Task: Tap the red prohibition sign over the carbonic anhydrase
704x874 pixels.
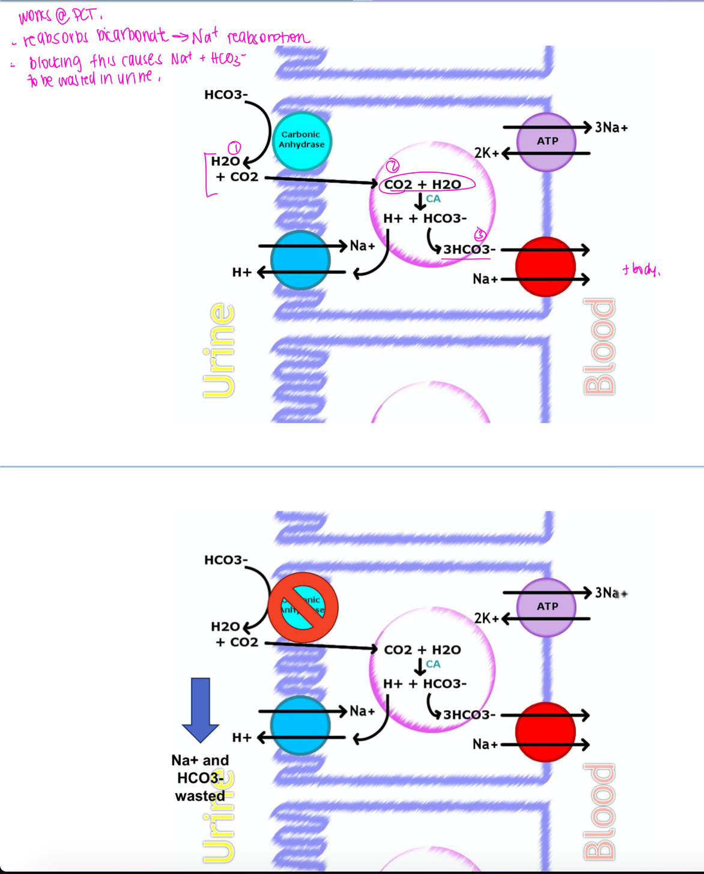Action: click(x=303, y=606)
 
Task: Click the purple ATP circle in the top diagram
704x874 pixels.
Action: click(x=547, y=142)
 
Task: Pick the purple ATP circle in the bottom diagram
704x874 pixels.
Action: click(x=547, y=607)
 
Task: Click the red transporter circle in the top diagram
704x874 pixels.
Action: click(x=545, y=266)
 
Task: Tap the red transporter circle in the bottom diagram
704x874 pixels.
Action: click(x=545, y=732)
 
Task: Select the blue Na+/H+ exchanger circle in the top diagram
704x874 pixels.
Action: click(x=300, y=260)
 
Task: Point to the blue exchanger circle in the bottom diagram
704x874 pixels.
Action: click(x=300, y=725)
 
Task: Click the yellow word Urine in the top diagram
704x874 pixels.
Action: click(x=219, y=351)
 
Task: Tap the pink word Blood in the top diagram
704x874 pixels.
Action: click(x=599, y=346)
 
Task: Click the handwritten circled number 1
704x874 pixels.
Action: click(x=235, y=148)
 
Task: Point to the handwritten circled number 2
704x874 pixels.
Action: click(x=392, y=165)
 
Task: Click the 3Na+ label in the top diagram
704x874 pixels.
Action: click(x=611, y=127)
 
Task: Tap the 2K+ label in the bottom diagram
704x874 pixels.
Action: click(x=486, y=618)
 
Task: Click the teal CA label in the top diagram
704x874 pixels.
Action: click(x=433, y=199)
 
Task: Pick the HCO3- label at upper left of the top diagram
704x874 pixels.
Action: click(x=226, y=95)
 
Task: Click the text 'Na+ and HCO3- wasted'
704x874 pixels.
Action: click(x=200, y=778)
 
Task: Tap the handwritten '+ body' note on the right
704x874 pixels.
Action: click(x=641, y=270)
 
